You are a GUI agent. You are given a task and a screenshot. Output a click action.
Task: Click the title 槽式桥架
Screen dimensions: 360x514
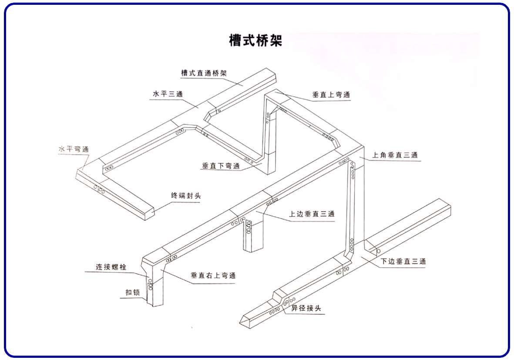tap(256, 40)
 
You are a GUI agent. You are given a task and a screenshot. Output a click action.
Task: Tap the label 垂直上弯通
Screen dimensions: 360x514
tap(331, 94)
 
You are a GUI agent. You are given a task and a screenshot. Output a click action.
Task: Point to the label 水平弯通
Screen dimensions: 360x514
tap(74, 149)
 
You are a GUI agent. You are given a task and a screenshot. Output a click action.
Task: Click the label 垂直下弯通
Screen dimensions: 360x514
tap(221, 166)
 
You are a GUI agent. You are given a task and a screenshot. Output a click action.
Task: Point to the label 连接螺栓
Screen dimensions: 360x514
tap(111, 266)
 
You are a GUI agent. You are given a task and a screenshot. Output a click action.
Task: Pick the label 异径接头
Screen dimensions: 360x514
tap(307, 308)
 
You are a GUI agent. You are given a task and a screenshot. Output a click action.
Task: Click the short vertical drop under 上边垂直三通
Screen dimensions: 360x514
tap(253, 237)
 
